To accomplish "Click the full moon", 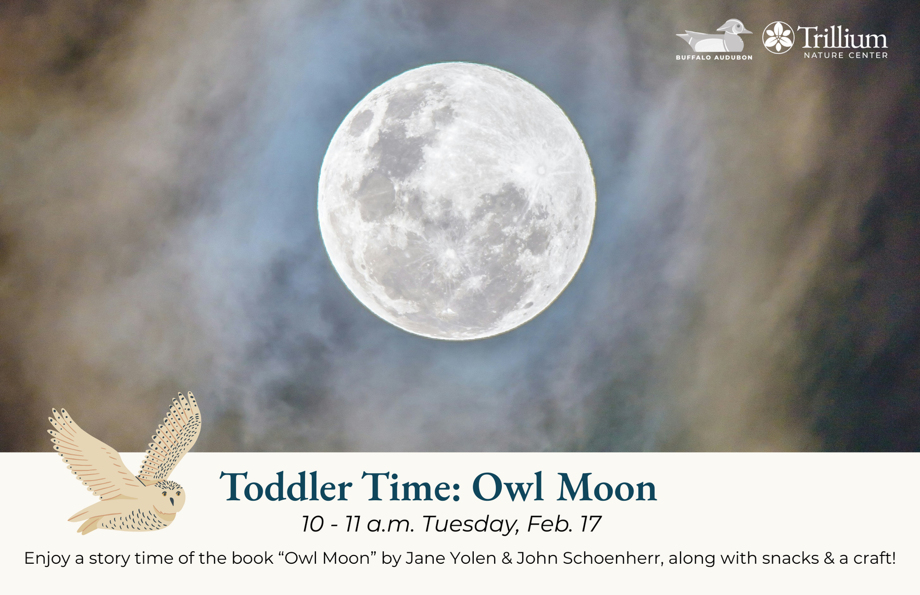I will pyautogui.click(x=456, y=201).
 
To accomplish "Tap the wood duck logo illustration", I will pyautogui.click(x=714, y=36).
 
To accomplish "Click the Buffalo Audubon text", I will pyautogui.click(x=714, y=57).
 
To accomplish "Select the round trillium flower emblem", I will pyautogui.click(x=778, y=37).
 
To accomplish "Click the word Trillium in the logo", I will pyautogui.click(x=842, y=37).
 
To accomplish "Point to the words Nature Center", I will pyautogui.click(x=846, y=55).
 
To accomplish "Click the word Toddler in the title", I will pyautogui.click(x=286, y=487).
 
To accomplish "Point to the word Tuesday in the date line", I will pyautogui.click(x=470, y=524).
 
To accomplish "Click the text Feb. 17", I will pyautogui.click(x=564, y=524).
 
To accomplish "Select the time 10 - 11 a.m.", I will pyautogui.click(x=358, y=524).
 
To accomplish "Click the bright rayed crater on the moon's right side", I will pyautogui.click(x=541, y=170).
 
